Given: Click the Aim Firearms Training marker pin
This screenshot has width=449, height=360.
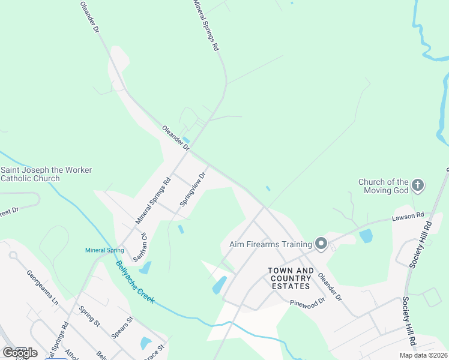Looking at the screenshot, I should (321, 244).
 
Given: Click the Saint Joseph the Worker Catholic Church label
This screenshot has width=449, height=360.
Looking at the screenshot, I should (46, 174).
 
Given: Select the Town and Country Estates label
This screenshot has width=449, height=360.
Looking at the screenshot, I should (291, 278).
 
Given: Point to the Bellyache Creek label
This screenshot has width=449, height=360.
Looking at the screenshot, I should (135, 281).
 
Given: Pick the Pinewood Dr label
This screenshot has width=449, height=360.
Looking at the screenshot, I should (306, 304).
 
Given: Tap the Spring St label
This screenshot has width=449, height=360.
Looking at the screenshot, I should (89, 316).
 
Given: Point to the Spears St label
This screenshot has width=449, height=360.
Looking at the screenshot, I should (121, 329).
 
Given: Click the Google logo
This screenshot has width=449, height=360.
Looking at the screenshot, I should (20, 353).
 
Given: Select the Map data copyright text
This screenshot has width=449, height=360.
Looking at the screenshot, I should (424, 355).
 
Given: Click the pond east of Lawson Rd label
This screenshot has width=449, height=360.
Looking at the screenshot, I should (366, 236).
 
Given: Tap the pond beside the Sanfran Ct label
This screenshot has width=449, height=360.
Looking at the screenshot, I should (145, 268).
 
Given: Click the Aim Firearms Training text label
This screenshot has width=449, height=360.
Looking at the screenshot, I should (271, 244).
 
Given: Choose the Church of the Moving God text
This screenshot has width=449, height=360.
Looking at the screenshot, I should (383, 186).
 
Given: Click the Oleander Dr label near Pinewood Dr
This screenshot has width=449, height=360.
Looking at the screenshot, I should (330, 287).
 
